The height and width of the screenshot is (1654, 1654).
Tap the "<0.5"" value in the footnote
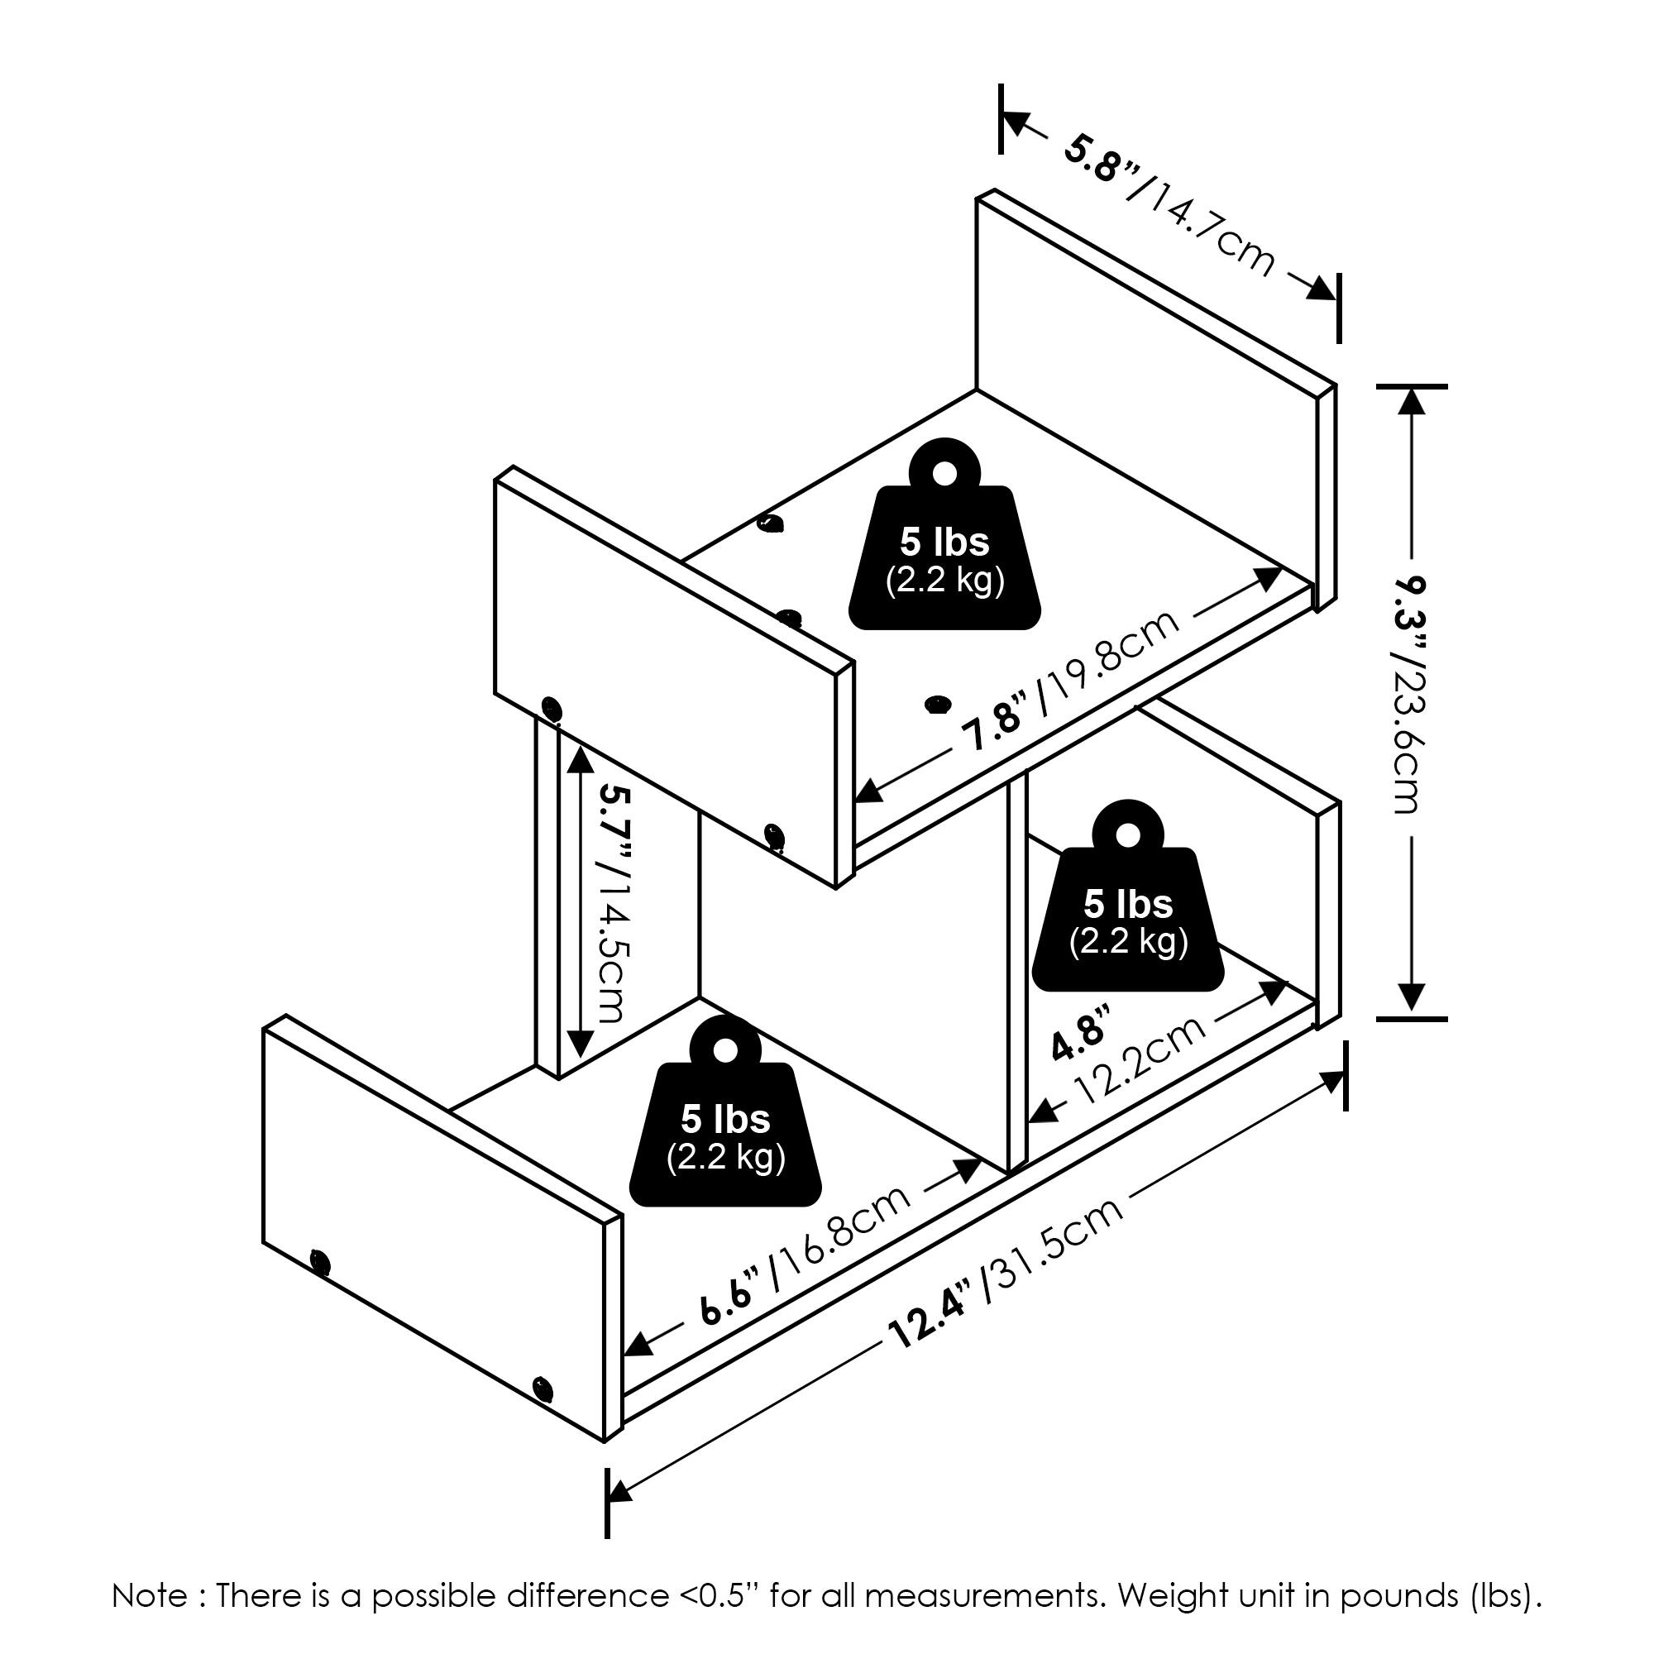point(720,1596)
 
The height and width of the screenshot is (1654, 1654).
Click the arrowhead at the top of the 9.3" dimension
point(1411,403)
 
